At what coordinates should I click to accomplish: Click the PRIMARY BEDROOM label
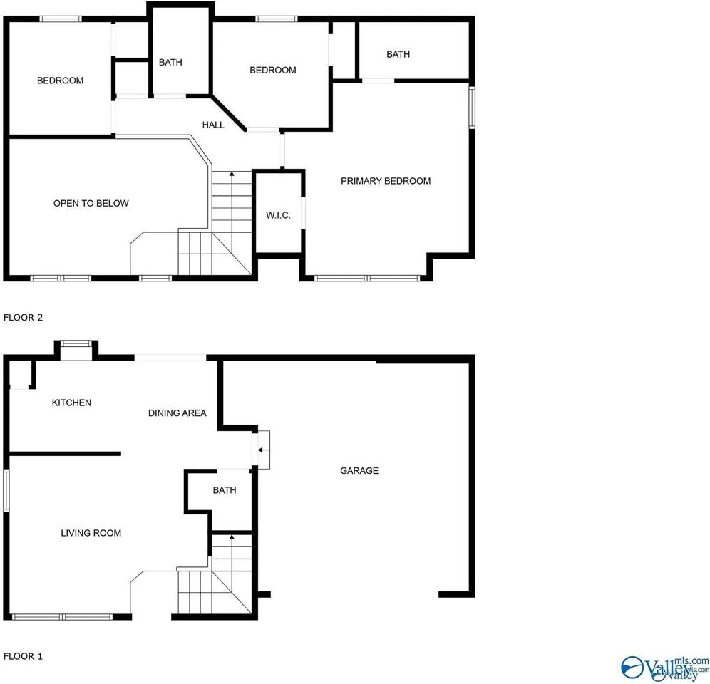coord(385,181)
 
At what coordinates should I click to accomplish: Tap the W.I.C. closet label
coord(278,215)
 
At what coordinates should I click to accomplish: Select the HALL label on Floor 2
coord(213,125)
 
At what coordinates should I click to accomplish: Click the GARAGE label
coord(359,471)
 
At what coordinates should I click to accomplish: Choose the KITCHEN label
coord(71,403)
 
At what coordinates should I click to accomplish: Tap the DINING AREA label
coord(177,413)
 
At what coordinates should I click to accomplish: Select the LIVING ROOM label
coord(91,533)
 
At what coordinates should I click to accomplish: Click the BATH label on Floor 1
coord(224,491)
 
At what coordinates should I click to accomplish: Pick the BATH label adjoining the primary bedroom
coord(398,55)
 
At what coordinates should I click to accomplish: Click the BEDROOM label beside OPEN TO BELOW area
coord(60,81)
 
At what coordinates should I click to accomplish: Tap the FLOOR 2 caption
coord(24,318)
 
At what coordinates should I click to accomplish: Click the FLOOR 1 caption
coord(24,656)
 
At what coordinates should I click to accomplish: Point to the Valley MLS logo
coord(663,668)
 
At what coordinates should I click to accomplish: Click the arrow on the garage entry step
coord(262,450)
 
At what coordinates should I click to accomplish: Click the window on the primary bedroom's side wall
coord(471,108)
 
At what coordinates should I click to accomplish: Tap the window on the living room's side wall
coord(6,490)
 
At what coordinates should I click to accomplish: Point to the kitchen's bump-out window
coord(76,344)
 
